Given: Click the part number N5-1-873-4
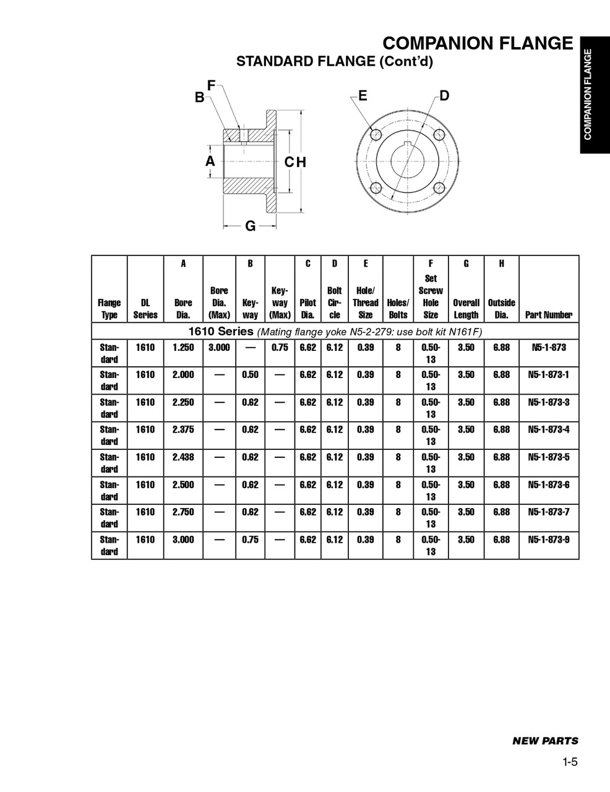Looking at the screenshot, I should pyautogui.click(x=548, y=429).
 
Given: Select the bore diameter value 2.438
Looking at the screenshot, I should pyautogui.click(x=183, y=457).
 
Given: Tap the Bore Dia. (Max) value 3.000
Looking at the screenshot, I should pyautogui.click(x=219, y=347).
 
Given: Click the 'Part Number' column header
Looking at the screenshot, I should pyautogui.click(x=548, y=315).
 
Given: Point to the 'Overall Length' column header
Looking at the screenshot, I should pyautogui.click(x=466, y=308).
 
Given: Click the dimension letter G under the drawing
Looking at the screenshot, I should pyautogui.click(x=251, y=226).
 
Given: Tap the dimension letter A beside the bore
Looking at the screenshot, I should pyautogui.click(x=210, y=161).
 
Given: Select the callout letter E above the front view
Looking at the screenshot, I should pyautogui.click(x=363, y=95).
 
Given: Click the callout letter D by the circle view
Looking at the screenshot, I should pyautogui.click(x=444, y=95).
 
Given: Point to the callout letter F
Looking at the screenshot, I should pyautogui.click(x=212, y=85).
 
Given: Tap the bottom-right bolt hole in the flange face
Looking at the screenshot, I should pyautogui.click(x=440, y=187).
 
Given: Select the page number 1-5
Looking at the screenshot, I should pyautogui.click(x=570, y=762).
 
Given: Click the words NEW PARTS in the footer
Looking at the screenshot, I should pyautogui.click(x=545, y=741).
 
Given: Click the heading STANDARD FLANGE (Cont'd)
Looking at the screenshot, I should pyautogui.click(x=335, y=61).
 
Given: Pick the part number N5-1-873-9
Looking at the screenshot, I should pyautogui.click(x=548, y=540).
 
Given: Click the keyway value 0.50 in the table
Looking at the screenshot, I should pyautogui.click(x=250, y=374).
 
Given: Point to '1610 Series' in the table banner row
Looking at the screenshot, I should pyautogui.click(x=221, y=331).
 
